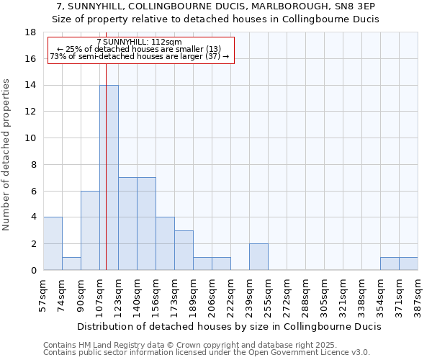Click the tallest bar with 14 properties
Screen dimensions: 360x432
pos(109,177)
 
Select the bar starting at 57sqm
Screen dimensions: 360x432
pos(53,243)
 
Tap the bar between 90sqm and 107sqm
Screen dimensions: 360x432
pos(90,230)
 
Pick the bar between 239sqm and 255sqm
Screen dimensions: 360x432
pos(258,256)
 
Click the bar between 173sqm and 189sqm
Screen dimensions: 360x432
pos(184,250)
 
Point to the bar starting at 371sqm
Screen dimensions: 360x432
pos(408,264)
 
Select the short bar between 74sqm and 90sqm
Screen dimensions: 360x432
pos(71,264)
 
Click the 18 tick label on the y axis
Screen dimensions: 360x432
pos(30,32)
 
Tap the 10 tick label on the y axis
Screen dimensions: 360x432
pos(30,138)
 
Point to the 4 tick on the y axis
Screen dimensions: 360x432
pos(33,217)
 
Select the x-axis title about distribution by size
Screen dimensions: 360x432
pos(229,326)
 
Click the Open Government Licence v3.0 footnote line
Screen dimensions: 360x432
pos(207,353)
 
